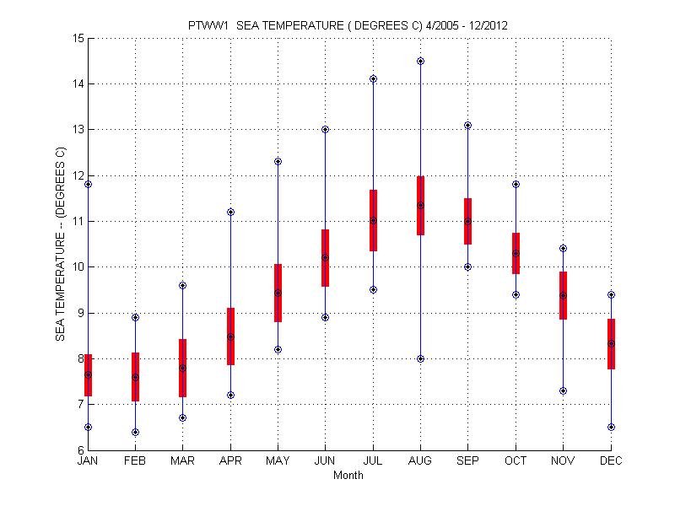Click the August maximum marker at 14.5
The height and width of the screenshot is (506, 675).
point(420,61)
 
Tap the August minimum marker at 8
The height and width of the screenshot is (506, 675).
point(420,358)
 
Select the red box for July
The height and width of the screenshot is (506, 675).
point(373,220)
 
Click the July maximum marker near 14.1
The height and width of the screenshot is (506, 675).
point(373,78)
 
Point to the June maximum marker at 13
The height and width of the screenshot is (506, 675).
point(325,129)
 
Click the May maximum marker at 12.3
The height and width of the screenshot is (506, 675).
point(278,161)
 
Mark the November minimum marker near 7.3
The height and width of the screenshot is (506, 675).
point(563,390)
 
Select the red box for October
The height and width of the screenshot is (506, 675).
point(516,253)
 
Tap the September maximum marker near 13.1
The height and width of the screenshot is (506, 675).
point(467,125)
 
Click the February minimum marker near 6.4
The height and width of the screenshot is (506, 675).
point(135,432)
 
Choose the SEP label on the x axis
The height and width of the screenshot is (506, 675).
point(467,461)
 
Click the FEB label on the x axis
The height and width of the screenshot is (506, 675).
point(135,461)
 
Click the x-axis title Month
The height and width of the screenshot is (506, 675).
point(348,476)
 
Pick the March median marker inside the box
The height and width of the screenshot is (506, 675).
point(182,368)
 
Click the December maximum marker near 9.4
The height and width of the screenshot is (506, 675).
point(611,295)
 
